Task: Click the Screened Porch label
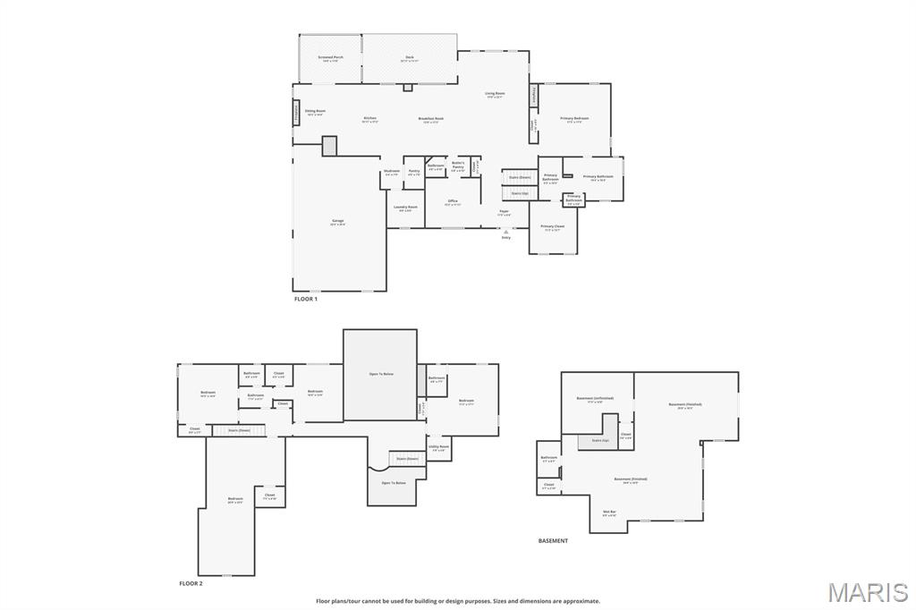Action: [x=331, y=58]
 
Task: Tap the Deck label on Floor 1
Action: [x=410, y=58]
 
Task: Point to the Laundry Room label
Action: [x=406, y=208]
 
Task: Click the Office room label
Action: [x=454, y=201]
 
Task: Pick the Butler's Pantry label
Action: [x=458, y=165]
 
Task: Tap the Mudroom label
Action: [x=392, y=171]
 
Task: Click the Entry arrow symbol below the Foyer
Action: [x=505, y=231]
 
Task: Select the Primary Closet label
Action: [x=553, y=227]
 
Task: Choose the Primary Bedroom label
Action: [x=574, y=119]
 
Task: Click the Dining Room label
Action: [x=315, y=112]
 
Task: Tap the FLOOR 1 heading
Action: [x=306, y=299]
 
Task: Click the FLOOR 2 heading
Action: [x=191, y=583]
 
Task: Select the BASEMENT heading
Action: [x=553, y=540]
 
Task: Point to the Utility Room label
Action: [x=438, y=447]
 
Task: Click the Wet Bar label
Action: [x=609, y=513]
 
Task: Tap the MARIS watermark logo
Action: [x=867, y=592]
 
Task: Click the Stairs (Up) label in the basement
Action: [x=600, y=440]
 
